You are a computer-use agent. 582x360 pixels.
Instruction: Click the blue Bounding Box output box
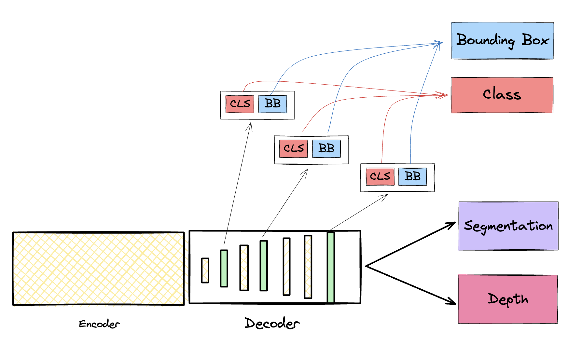pyautogui.click(x=502, y=41)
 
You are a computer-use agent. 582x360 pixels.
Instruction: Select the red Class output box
pyautogui.click(x=502, y=95)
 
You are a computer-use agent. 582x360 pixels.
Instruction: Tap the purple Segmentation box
pyautogui.click(x=508, y=226)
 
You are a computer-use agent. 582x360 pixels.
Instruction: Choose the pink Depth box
pyautogui.click(x=507, y=299)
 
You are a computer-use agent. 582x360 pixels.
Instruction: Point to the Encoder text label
pyautogui.click(x=99, y=324)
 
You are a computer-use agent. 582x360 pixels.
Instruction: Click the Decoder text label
pyautogui.click(x=272, y=323)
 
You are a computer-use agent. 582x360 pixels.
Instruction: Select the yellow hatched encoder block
pyautogui.click(x=98, y=269)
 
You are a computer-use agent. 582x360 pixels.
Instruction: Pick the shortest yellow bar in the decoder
pyautogui.click(x=205, y=270)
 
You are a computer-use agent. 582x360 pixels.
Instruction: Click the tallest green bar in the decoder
pyautogui.click(x=331, y=268)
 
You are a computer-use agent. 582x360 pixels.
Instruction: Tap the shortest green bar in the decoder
pyautogui.click(x=224, y=268)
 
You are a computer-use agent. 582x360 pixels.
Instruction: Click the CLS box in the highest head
pyautogui.click(x=240, y=104)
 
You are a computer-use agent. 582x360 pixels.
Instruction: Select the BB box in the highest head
pyautogui.click(x=273, y=104)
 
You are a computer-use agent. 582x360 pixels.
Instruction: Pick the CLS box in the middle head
pyautogui.click(x=294, y=148)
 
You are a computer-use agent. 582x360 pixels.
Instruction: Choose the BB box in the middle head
pyautogui.click(x=326, y=148)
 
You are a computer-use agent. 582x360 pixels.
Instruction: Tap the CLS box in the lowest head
pyautogui.click(x=380, y=176)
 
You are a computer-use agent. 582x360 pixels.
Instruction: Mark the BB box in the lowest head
pyautogui.click(x=412, y=176)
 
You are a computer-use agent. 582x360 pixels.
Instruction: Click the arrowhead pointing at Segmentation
pyautogui.click(x=453, y=224)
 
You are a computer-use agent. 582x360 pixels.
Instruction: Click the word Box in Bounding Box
pyautogui.click(x=535, y=40)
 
